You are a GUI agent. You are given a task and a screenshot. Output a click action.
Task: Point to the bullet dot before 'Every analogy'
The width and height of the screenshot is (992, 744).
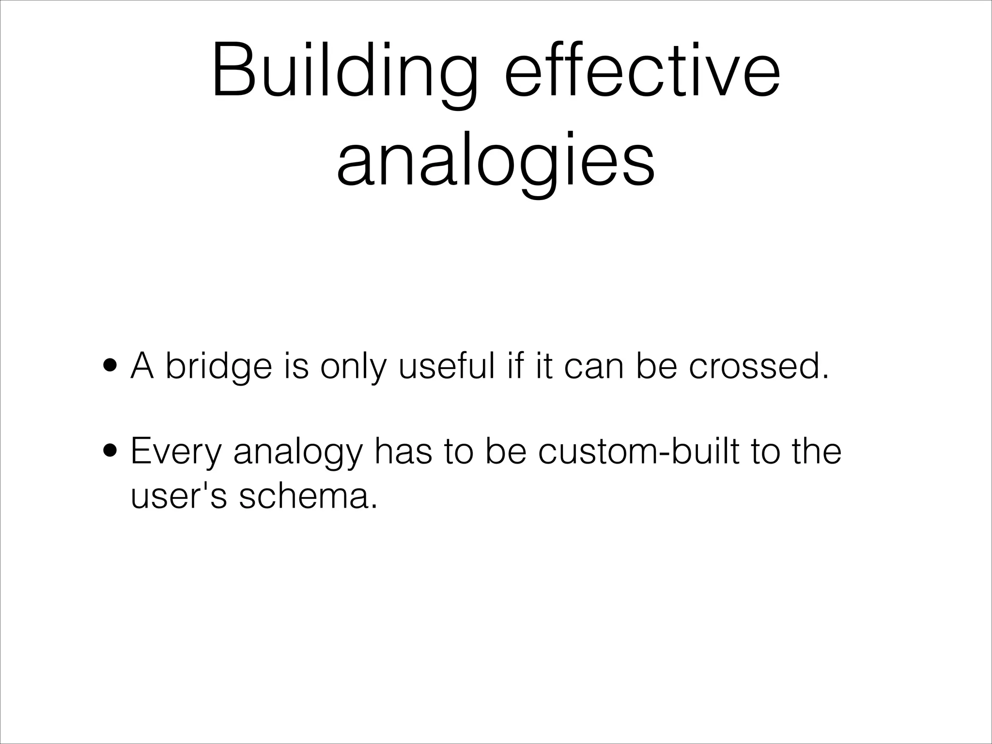point(110,451)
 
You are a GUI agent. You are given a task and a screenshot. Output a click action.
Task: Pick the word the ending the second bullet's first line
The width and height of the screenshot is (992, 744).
point(817,451)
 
